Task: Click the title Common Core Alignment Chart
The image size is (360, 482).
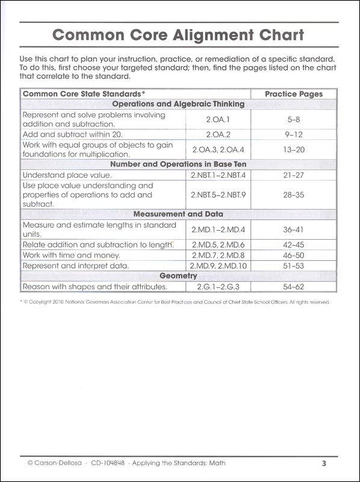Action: [x=178, y=34]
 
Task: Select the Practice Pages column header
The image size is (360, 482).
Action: [x=294, y=94]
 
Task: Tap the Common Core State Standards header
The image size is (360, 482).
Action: [x=84, y=94]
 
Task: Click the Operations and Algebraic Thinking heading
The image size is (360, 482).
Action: [x=178, y=104]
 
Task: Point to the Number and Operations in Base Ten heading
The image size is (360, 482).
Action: [x=178, y=164]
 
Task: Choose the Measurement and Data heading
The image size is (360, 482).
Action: [x=178, y=214]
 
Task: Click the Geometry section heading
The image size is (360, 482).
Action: [x=178, y=275]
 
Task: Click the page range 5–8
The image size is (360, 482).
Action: [x=294, y=119]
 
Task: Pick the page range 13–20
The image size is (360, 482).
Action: [x=294, y=149]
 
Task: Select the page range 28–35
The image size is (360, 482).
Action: [x=294, y=195]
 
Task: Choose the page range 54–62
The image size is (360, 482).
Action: [x=294, y=286]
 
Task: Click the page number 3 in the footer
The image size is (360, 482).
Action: [x=323, y=463]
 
